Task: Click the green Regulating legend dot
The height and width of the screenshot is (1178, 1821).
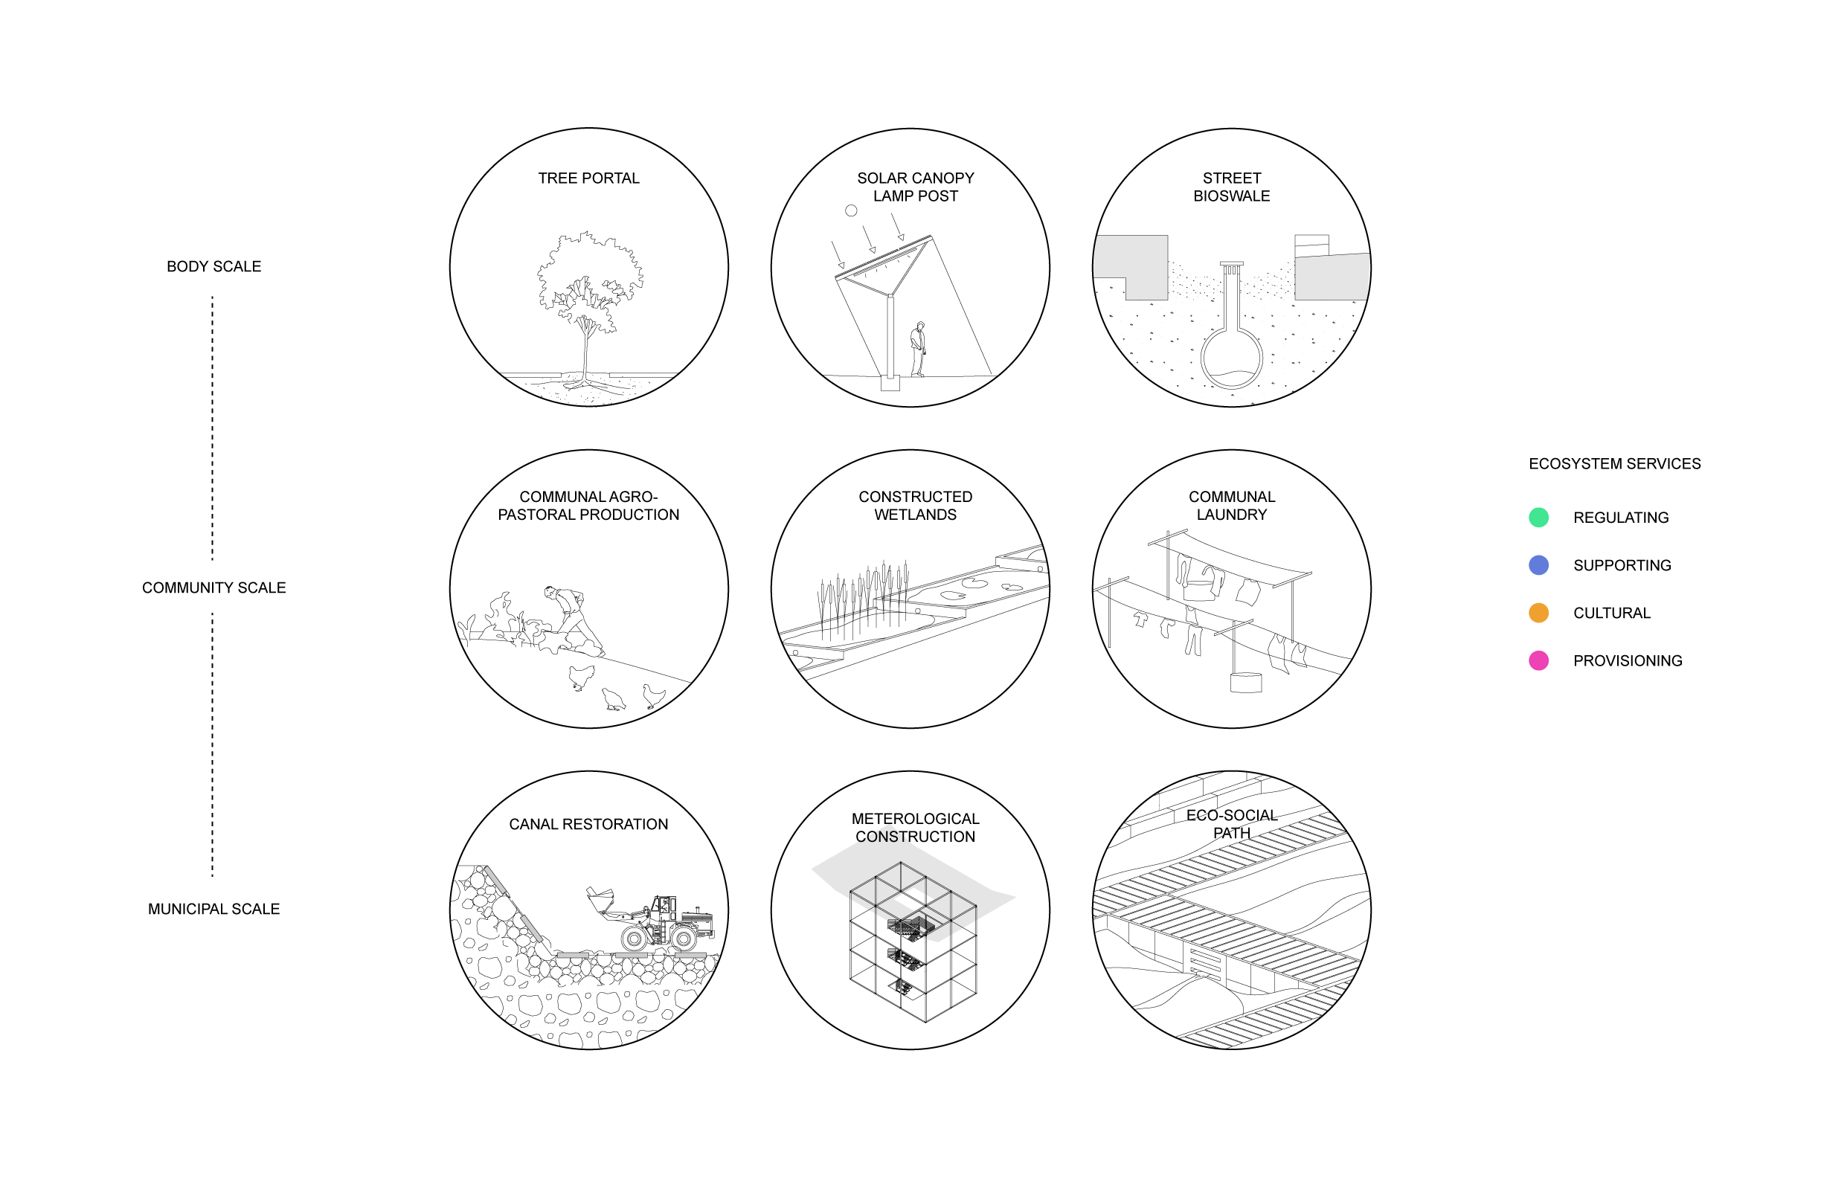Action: click(1538, 517)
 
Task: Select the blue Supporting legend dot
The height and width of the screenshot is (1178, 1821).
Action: click(1538, 565)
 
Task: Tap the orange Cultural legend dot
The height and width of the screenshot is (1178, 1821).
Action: click(1538, 613)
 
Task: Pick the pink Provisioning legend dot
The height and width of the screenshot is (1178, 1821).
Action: click(1538, 660)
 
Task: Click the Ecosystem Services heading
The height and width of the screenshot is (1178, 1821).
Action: click(1614, 463)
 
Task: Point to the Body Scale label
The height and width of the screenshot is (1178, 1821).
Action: click(213, 266)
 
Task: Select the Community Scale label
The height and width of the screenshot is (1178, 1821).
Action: click(213, 588)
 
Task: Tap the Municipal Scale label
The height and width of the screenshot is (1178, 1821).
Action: click(213, 909)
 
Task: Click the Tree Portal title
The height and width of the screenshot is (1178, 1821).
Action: click(588, 178)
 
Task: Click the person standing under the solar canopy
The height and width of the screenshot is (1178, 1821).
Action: click(918, 349)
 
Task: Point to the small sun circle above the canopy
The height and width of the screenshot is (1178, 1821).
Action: click(851, 210)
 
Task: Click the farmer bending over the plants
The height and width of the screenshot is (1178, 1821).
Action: click(572, 618)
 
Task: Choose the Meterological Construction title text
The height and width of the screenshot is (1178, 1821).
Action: click(915, 828)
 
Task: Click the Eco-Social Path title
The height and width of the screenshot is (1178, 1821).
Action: click(1232, 824)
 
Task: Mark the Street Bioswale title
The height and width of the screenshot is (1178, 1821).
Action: click(1232, 187)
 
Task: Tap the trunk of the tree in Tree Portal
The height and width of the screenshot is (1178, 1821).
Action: click(586, 348)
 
